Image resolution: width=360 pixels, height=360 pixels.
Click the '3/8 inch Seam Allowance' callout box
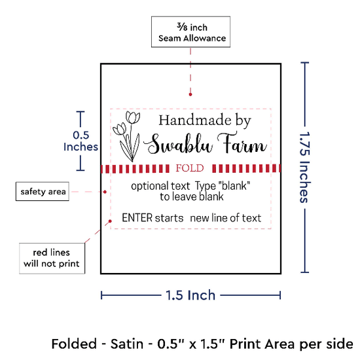190,32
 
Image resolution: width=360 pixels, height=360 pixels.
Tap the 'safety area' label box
43,192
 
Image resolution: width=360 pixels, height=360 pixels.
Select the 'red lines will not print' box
52,259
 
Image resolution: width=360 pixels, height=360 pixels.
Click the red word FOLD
190,168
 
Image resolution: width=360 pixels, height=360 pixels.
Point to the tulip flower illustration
127,136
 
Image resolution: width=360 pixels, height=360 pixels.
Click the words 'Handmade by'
205,120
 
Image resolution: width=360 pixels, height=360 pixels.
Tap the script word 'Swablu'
179,144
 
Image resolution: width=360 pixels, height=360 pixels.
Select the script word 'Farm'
242,143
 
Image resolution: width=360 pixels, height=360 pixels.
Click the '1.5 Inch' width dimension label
190,295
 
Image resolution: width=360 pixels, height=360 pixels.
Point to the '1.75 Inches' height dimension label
305,168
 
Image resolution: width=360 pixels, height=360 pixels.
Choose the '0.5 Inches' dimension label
81,141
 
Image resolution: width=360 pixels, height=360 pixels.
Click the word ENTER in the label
137,218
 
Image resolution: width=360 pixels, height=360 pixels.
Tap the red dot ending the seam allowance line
190,94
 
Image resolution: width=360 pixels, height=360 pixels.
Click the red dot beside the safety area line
105,192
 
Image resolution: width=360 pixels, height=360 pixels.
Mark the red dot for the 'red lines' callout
110,221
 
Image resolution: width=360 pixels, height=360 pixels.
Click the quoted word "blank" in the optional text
234,185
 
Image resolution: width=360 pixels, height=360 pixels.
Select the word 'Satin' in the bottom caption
127,344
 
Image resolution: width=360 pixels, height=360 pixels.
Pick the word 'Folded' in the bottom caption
74,344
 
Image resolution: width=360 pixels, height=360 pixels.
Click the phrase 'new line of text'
226,218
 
